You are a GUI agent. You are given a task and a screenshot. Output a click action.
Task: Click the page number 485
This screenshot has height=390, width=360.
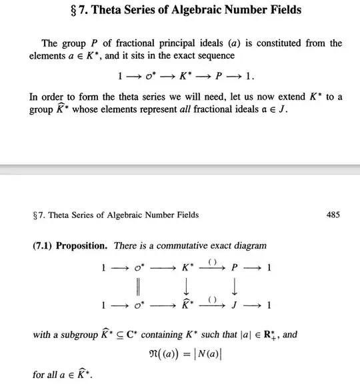[x=333, y=215]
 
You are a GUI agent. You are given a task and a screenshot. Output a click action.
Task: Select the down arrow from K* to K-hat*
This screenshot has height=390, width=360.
[x=187, y=287]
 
